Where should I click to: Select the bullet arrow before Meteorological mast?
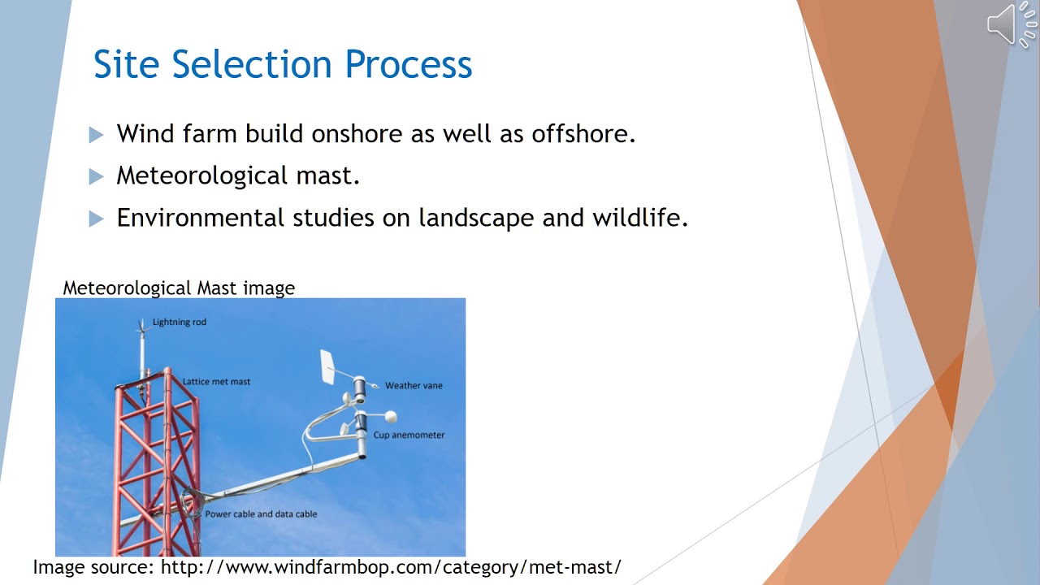(x=97, y=176)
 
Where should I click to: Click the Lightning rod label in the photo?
(x=180, y=322)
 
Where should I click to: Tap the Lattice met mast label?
(x=216, y=381)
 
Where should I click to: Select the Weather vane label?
(x=414, y=385)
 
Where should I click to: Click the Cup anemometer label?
(x=409, y=435)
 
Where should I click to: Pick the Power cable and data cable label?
(x=261, y=513)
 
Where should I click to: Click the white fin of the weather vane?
(x=327, y=366)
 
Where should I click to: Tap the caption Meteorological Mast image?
(x=179, y=288)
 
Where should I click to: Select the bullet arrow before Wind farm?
(x=97, y=134)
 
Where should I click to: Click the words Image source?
(x=93, y=567)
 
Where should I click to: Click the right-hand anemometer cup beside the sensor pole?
(x=391, y=417)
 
